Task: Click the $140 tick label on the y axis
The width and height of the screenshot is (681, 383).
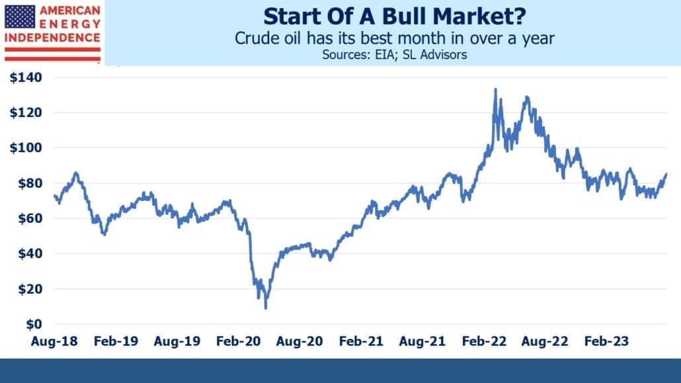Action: pyautogui.click(x=26, y=77)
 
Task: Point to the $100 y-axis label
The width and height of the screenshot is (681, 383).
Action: pyautogui.click(x=26, y=148)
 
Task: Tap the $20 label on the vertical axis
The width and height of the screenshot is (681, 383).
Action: pyautogui.click(x=30, y=289)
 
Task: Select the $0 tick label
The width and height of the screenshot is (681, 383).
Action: pyautogui.click(x=34, y=324)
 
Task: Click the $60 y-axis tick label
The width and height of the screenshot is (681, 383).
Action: pyautogui.click(x=30, y=218)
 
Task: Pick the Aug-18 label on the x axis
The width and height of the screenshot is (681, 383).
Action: pyautogui.click(x=54, y=341)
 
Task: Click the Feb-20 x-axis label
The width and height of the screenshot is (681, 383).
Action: pyautogui.click(x=239, y=341)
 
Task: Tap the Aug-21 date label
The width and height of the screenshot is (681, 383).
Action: pyautogui.click(x=422, y=341)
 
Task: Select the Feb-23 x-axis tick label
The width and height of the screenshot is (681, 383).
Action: pyautogui.click(x=606, y=341)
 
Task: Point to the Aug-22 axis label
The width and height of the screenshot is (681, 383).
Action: pyautogui.click(x=545, y=341)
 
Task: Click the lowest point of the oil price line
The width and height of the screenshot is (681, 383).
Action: pyautogui.click(x=265, y=308)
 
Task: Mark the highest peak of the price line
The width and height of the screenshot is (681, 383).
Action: pyautogui.click(x=496, y=89)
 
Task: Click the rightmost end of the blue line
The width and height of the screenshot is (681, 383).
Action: pyautogui.click(x=666, y=173)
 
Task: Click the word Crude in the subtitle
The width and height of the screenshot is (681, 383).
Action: pyautogui.click(x=253, y=38)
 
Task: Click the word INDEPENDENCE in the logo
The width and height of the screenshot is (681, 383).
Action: pyautogui.click(x=52, y=38)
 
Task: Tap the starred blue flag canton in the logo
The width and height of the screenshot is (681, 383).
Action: pyautogui.click(x=20, y=17)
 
